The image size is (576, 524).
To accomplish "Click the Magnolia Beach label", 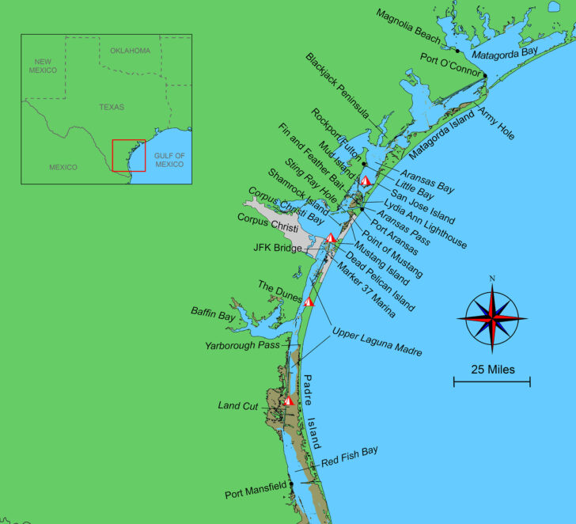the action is click(409, 27).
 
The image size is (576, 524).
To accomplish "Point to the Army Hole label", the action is click(496, 123).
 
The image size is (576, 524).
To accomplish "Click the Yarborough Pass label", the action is click(242, 346).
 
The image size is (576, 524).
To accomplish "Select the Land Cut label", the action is click(238, 406).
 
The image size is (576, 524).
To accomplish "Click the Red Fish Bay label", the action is click(350, 457).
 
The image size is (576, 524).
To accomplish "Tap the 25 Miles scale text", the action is click(492, 369).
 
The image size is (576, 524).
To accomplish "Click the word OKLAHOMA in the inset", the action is click(130, 51).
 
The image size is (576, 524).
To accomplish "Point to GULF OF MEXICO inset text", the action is click(169, 160).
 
